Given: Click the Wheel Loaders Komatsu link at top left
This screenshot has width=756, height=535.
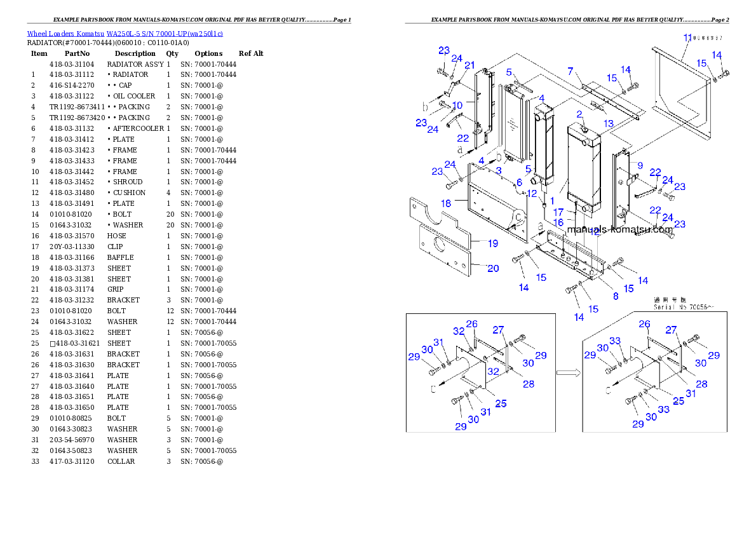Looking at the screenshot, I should point(125,34).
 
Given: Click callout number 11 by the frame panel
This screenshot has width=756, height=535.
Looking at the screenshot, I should point(687,38).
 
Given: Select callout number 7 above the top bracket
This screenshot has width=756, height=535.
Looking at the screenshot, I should point(570,71).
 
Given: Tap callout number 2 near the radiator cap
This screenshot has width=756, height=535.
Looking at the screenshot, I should point(579,114).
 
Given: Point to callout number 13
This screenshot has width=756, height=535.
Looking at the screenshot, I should point(609,123).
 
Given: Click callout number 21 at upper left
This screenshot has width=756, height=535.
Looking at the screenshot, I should point(469,65).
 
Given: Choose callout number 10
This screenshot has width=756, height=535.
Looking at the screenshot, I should point(457,105).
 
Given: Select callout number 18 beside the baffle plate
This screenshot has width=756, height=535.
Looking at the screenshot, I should point(446,203).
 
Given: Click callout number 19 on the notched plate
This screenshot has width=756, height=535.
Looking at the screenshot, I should point(492,243).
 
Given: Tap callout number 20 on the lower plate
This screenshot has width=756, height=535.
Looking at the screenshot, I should point(493,269).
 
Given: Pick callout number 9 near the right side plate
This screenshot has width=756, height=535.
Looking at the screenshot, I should point(640,165).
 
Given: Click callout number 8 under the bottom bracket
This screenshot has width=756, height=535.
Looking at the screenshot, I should point(615,296).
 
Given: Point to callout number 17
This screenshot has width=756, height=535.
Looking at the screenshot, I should point(559,212).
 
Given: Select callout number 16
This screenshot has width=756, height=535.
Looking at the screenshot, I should point(558,222).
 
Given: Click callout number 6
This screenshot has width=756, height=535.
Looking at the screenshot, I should point(518,182).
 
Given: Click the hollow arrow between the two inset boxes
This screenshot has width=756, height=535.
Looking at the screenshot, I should point(569,374).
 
